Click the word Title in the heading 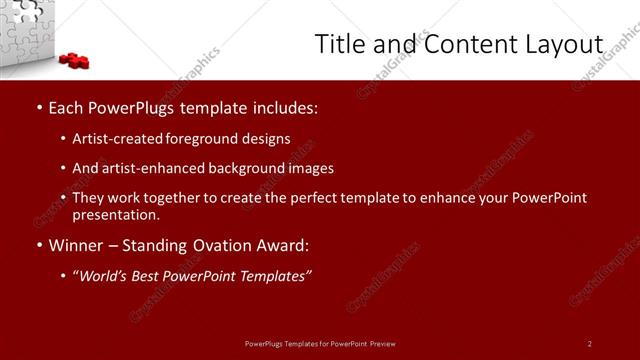[x=338, y=45]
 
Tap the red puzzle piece [x=75, y=60]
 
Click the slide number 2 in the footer [x=589, y=344]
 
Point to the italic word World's [x=106, y=276]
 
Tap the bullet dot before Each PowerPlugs [x=38, y=108]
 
